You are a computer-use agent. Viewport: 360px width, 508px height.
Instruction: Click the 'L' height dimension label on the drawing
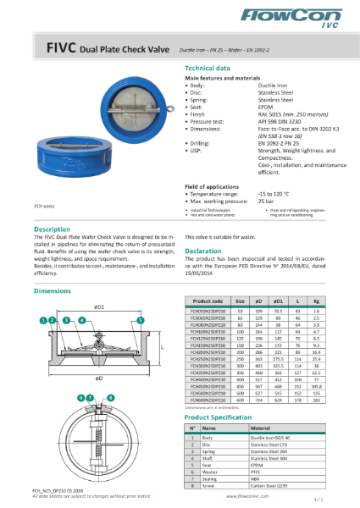tap(158, 346)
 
